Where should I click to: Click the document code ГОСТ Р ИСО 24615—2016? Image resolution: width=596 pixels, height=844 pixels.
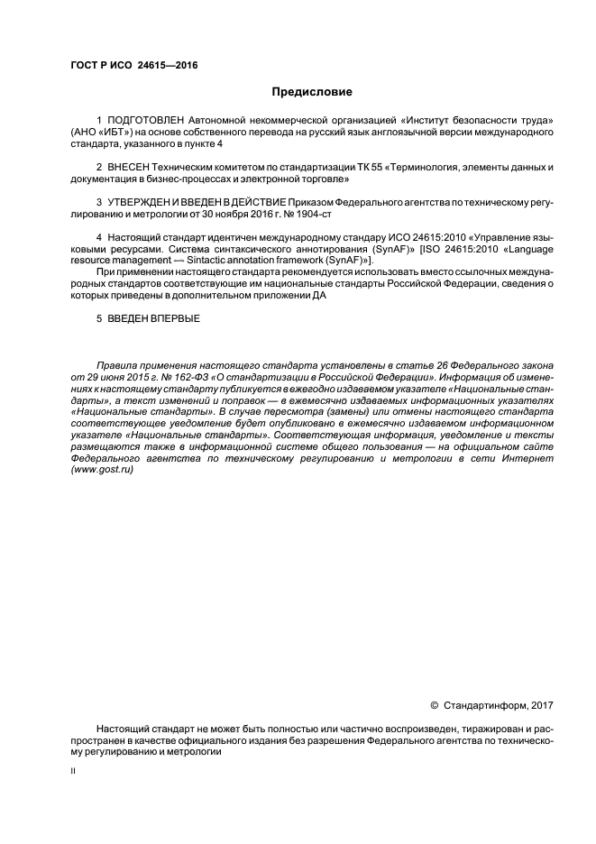(133, 67)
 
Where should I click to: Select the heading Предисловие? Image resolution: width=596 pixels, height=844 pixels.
(312, 92)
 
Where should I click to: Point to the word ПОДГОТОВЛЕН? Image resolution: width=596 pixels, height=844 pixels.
(144, 120)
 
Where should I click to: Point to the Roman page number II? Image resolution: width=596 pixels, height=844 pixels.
(74, 772)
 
